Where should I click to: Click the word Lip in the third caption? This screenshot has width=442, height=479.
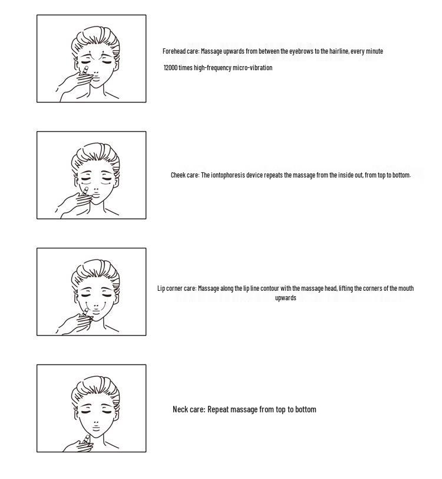(161, 288)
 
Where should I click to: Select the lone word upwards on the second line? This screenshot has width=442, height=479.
(285, 298)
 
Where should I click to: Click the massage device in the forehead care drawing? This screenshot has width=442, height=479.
(84, 70)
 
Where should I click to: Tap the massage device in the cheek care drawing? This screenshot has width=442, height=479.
(84, 192)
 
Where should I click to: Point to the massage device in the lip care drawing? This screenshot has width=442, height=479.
(84, 312)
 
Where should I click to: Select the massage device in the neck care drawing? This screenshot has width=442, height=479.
(85, 440)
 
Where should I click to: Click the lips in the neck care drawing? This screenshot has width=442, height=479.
(96, 427)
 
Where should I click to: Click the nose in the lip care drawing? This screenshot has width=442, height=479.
(96, 305)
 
